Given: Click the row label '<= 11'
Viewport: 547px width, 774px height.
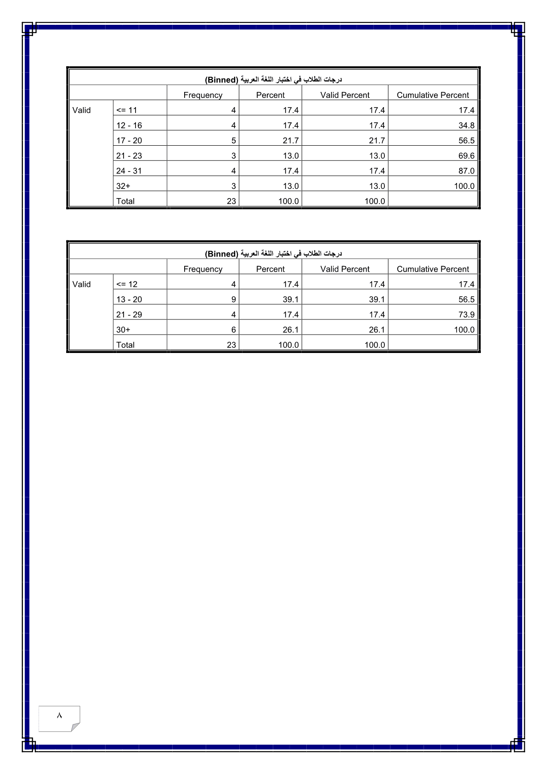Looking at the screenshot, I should (126, 110).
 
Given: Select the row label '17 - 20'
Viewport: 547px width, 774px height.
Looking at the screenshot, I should (129, 141).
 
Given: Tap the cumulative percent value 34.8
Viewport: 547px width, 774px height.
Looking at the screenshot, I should (466, 125).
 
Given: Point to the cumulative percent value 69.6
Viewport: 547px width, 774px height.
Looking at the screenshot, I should (466, 156).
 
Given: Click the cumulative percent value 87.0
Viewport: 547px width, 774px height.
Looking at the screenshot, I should (466, 171).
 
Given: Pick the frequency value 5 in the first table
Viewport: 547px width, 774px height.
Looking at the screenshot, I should (233, 141).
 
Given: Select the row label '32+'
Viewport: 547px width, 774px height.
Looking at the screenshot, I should (123, 186).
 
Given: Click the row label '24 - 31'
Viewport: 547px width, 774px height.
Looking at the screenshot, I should (129, 171).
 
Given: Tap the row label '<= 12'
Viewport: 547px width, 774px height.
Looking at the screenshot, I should (127, 285).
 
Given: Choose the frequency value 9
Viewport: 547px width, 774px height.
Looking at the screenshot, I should (233, 300).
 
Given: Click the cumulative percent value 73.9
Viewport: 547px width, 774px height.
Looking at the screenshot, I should (466, 315).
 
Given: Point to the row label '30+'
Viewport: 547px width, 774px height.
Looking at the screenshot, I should (123, 330).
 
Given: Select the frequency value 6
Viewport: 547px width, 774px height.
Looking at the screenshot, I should (233, 330).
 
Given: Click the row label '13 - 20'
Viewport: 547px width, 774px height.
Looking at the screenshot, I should (129, 300).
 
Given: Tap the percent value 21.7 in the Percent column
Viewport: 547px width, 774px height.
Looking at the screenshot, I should (291, 141).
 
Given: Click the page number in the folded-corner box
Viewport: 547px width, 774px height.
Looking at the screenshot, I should (59, 716).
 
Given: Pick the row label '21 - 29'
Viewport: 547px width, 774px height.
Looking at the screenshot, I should (129, 315).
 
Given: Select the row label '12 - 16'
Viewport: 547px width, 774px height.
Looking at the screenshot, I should (129, 125).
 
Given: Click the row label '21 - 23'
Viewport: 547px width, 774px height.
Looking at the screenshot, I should (129, 156).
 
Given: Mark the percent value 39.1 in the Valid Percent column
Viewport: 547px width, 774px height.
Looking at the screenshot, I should (377, 300).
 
